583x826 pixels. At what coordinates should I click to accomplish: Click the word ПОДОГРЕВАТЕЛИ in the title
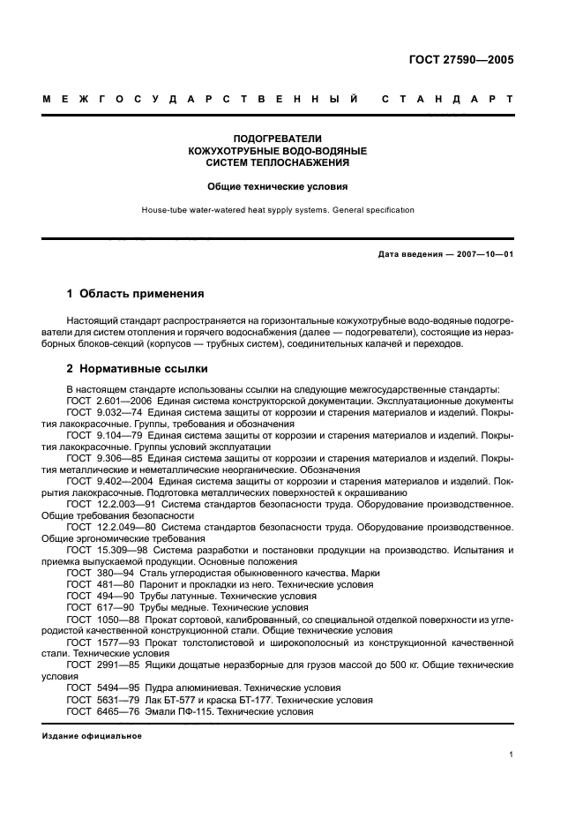(277, 139)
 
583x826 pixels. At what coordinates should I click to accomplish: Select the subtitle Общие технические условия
(277, 186)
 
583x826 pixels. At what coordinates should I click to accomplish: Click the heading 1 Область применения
(136, 293)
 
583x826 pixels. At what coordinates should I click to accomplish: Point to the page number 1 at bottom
(512, 755)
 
